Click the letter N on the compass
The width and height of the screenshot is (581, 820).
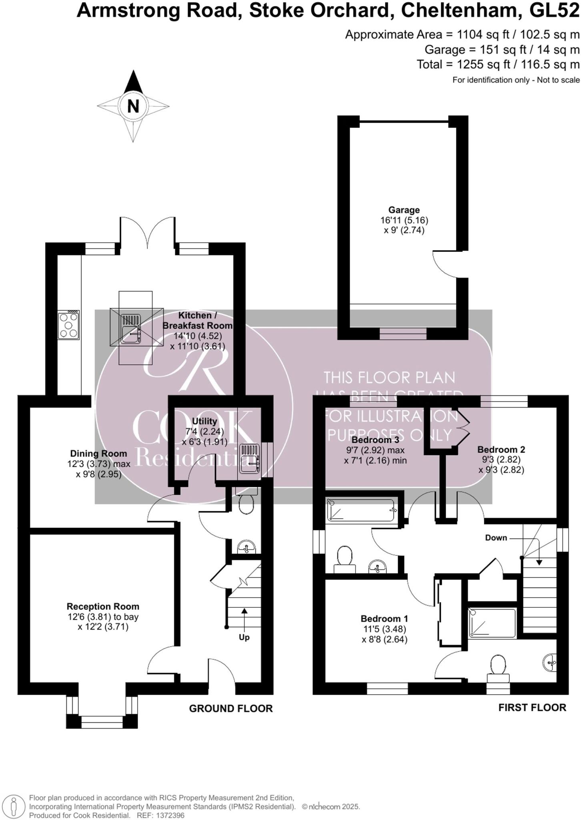click(x=133, y=107)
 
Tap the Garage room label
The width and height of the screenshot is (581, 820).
click(x=404, y=210)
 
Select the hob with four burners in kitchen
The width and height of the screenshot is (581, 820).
click(x=68, y=325)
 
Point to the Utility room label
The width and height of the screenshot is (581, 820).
click(x=204, y=421)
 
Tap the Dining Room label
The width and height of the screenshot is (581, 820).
click(x=98, y=454)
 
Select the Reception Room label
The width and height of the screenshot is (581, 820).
click(x=103, y=607)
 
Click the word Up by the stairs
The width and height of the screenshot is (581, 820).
click(x=244, y=637)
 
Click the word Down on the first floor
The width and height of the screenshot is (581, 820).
click(x=496, y=538)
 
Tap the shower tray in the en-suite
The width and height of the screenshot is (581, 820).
click(x=493, y=623)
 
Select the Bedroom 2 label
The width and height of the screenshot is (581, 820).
click(x=501, y=449)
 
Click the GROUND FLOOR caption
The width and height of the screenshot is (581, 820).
click(x=230, y=709)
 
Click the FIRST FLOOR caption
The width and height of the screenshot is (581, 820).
click(x=532, y=708)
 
